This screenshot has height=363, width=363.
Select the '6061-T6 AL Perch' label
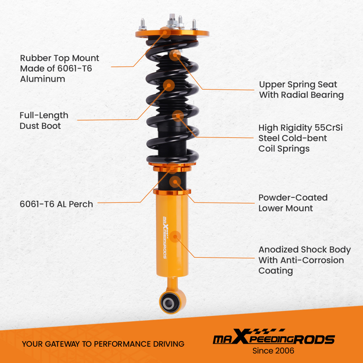pos(56,204)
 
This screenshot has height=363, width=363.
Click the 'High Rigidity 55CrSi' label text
pos(301,128)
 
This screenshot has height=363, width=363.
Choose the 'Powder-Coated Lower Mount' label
pos(293,203)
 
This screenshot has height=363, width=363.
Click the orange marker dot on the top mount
pos(166,33)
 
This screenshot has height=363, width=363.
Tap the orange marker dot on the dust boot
pos(169,85)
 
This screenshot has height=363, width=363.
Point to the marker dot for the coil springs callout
pos(178,116)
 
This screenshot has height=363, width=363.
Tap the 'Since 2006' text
pos(273,351)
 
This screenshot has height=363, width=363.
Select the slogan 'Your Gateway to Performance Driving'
pos(103,344)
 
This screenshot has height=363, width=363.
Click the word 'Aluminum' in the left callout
pos(42,79)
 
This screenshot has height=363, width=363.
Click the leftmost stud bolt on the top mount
pos(140,25)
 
